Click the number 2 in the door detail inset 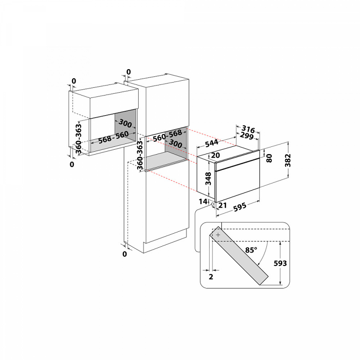click(x=211, y=277)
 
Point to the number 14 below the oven click(x=204, y=201)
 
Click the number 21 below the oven click(x=222, y=206)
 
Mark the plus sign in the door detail click(x=218, y=235)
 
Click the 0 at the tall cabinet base click(x=124, y=254)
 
